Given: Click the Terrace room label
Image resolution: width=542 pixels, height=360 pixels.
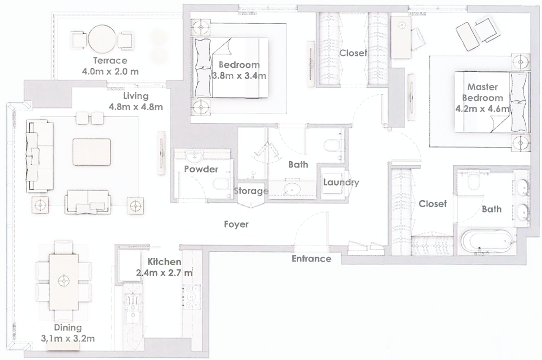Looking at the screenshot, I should (109, 60).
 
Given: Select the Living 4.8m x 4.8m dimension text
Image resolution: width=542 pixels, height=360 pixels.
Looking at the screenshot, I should (135, 107).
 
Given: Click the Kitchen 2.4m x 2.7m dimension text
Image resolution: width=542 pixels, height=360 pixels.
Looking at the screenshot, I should (163, 272).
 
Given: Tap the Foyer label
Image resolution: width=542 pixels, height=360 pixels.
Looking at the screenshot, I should (236, 224).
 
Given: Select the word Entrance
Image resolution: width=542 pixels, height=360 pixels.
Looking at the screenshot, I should (311, 259).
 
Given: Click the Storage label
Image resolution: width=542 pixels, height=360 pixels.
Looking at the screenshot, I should (251, 191).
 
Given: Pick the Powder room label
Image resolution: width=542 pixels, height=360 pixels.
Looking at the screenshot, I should (201, 169).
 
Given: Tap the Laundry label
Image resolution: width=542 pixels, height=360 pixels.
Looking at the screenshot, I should (340, 182).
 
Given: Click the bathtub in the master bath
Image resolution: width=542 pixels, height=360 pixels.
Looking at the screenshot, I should (485, 242).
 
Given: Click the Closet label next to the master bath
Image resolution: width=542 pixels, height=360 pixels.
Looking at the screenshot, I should (433, 203).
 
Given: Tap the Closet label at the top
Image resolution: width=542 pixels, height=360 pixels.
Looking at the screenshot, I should (353, 53).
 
